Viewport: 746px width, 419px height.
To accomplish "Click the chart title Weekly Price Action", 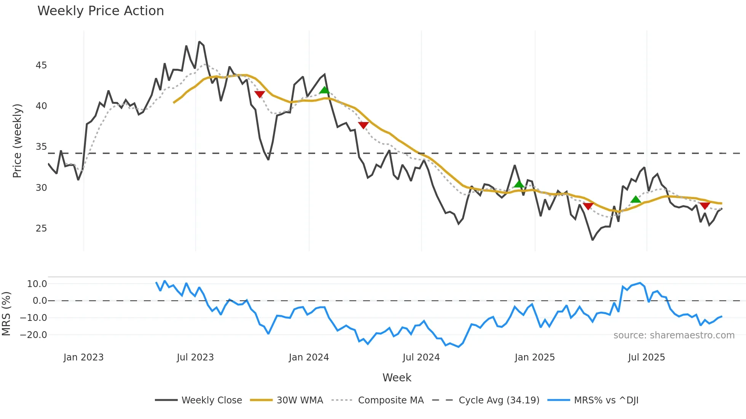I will click(100, 11).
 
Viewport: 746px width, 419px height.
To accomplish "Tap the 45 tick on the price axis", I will click(41, 65).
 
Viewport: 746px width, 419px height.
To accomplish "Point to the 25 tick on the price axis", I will click(41, 229).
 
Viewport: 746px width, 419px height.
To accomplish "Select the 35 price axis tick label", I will click(41, 147).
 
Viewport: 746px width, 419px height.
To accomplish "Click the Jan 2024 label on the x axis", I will click(309, 357).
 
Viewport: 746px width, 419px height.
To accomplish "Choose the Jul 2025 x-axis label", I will click(646, 357).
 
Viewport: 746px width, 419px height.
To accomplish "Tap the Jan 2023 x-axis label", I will click(83, 357).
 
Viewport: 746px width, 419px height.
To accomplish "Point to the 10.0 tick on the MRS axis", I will click(37, 284).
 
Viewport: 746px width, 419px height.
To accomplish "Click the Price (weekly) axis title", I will click(18, 141).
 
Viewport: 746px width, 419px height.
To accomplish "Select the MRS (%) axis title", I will click(6, 314).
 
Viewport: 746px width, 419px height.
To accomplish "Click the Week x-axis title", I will click(397, 378).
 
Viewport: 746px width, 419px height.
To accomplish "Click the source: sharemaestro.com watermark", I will click(674, 335).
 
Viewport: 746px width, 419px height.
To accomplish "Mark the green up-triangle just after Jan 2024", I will click(324, 90).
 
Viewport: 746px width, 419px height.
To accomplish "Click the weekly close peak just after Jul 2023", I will click(199, 42).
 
